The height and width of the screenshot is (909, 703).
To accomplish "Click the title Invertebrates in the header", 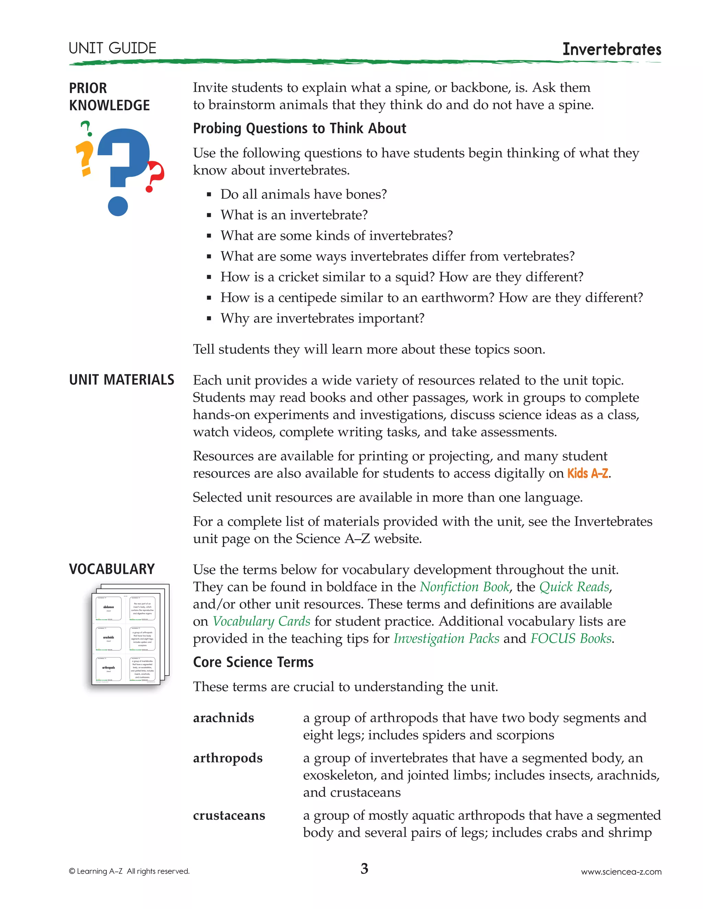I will (611, 49).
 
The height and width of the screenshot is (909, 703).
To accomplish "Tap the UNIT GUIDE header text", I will (113, 48).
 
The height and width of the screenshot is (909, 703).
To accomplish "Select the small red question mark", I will (155, 176).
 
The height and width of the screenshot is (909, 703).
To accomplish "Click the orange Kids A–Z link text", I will (588, 473).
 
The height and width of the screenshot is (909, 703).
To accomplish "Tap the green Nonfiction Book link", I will (464, 587).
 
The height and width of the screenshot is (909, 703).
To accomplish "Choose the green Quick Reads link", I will (574, 587).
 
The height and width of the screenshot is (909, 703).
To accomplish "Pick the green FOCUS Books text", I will (571, 638).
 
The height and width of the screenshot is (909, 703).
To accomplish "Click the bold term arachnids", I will (223, 718).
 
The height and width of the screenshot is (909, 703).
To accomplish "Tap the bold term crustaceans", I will (229, 815).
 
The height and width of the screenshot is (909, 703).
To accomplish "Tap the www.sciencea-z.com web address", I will (621, 872).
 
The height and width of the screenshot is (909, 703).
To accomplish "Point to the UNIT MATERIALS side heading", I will (122, 380).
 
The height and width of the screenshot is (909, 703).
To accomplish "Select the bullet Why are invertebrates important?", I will (322, 318).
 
